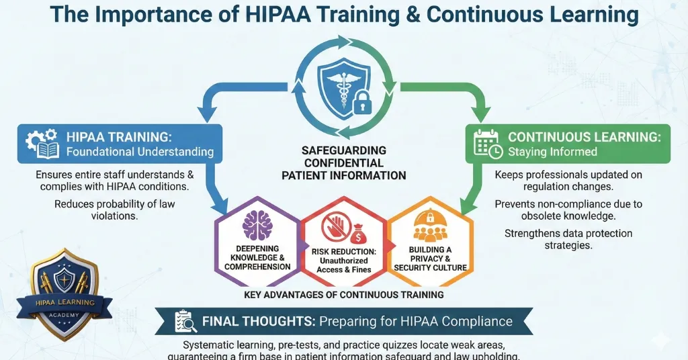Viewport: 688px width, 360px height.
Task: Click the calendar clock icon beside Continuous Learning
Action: click(x=488, y=144)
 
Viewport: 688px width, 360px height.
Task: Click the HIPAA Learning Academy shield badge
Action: click(x=65, y=293)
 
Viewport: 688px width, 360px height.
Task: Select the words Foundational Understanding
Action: click(x=140, y=152)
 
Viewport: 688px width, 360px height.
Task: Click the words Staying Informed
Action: click(x=552, y=151)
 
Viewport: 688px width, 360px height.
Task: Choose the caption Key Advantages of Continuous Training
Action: click(x=344, y=295)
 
